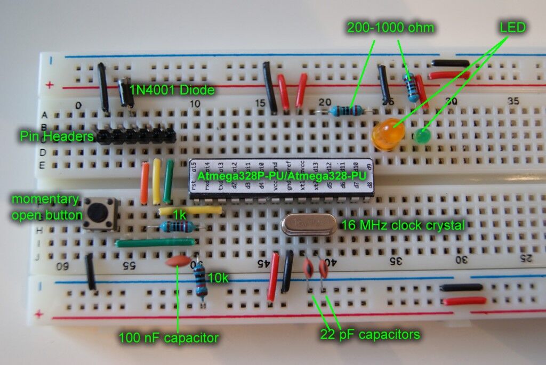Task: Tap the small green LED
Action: pos(424,136)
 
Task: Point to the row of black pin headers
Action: pos(135,136)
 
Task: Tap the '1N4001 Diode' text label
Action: pos(172,90)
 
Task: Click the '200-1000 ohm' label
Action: pos(390,27)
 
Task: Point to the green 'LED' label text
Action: pos(512,27)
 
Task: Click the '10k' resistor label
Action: pos(218,277)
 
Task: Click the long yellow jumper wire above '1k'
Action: pos(190,210)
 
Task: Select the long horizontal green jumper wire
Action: pos(155,242)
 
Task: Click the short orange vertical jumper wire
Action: pos(145,183)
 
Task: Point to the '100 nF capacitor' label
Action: pos(168,337)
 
